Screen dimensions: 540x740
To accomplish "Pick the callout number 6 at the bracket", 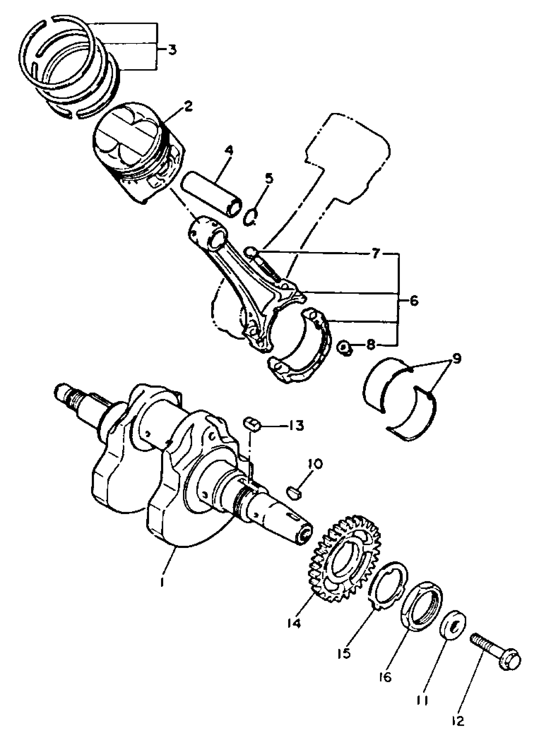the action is click(x=414, y=301).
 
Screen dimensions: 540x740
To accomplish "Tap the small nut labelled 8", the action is click(x=344, y=348).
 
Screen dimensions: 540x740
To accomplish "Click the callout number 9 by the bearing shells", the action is click(x=456, y=359).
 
